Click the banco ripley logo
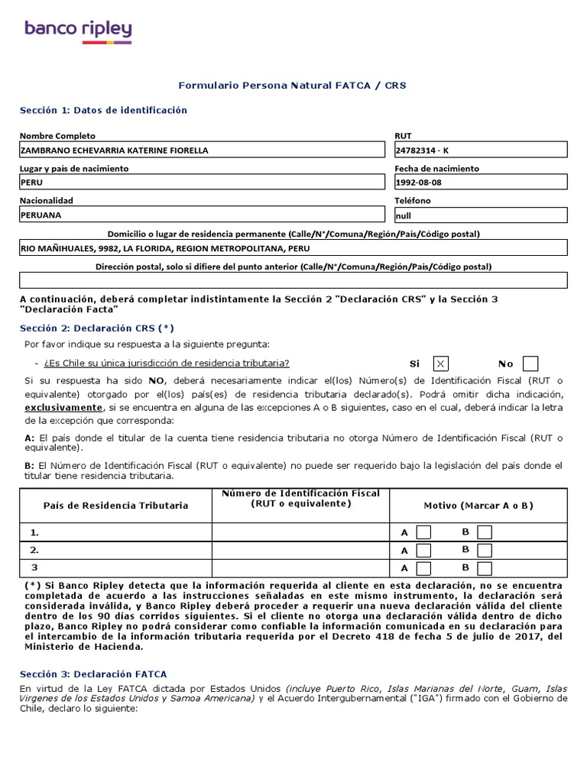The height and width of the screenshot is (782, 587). tap(78, 31)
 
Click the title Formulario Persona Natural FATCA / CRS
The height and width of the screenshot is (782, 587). tap(292, 86)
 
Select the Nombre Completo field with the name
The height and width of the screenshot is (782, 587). tap(203, 150)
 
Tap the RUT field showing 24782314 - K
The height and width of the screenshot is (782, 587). tap(480, 150)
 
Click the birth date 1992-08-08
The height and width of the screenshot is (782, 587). tap(480, 183)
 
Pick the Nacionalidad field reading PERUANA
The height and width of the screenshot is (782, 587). tap(203, 215)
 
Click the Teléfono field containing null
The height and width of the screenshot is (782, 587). tap(480, 215)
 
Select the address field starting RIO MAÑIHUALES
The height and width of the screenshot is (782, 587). tap(293, 248)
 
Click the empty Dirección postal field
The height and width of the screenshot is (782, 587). tap(293, 280)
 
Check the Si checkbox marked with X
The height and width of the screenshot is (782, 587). tap(441, 364)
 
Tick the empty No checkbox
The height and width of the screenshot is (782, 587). tap(530, 364)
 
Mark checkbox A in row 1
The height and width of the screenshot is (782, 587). tap(423, 532)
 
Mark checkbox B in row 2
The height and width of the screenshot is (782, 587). tap(485, 550)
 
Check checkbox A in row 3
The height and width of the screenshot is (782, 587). tap(423, 568)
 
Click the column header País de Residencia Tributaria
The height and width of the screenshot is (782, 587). tap(115, 506)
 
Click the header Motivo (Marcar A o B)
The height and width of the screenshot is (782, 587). tap(478, 506)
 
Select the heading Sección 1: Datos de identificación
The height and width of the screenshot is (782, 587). tap(103, 110)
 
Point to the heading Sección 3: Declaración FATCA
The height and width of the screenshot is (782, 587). tap(92, 674)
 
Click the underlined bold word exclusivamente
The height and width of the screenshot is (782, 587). tap(63, 408)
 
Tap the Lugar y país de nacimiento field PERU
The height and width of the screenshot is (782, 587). tap(203, 183)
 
